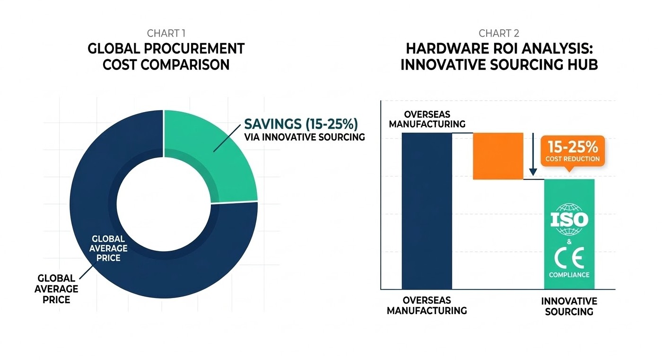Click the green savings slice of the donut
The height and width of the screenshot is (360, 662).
208,151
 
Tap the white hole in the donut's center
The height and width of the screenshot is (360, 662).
164,204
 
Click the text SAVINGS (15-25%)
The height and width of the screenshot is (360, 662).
301,124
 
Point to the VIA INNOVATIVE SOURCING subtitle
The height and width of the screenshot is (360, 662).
305,137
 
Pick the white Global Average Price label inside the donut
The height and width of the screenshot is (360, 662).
109,248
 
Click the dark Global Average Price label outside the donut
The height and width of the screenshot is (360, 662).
56,289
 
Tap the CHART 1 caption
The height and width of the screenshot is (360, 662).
166,33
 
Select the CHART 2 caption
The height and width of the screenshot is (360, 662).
499,33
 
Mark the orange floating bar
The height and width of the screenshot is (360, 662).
498,156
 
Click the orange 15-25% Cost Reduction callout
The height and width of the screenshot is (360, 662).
572,149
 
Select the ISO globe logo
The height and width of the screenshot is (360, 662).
569,219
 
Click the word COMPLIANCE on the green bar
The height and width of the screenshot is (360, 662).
569,275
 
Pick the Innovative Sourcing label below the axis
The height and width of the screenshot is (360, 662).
569,307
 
